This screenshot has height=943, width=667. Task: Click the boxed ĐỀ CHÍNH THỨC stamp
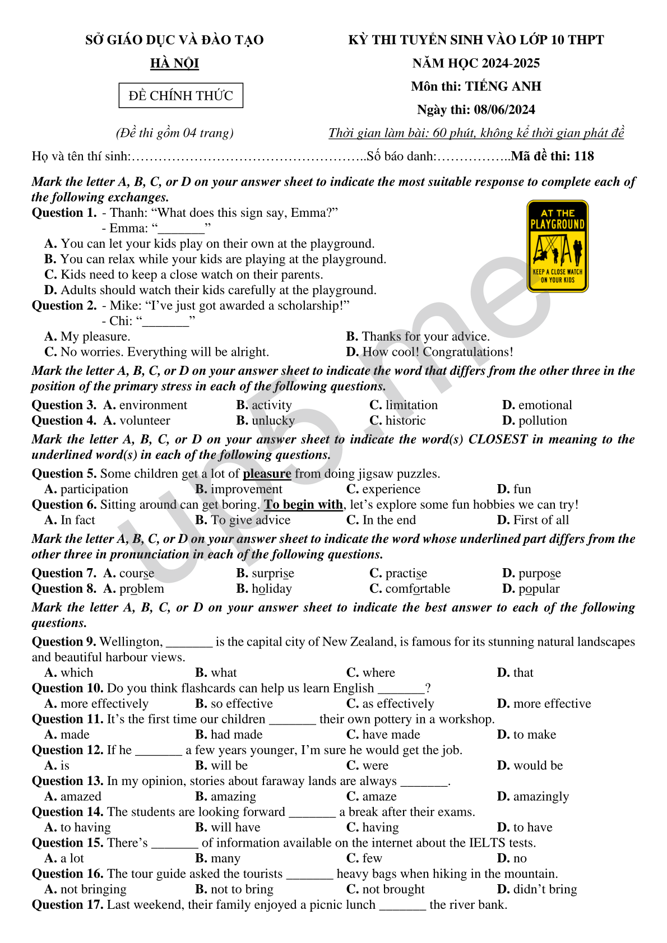180,95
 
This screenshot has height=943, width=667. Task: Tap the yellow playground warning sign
557,247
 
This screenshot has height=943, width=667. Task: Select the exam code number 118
583,156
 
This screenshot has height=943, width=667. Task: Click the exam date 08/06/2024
504,110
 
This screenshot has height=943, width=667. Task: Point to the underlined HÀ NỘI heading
174,63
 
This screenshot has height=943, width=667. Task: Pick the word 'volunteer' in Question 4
145,421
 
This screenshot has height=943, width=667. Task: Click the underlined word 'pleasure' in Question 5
267,474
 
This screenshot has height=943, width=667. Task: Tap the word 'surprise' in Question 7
272,574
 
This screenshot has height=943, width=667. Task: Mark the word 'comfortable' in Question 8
418,589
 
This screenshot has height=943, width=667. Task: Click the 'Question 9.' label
64,642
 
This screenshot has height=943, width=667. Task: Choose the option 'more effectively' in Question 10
104,704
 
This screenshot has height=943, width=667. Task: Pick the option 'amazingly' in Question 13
541,797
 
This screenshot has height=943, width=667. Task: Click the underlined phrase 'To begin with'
303,505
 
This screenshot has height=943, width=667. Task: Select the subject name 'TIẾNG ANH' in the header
503,86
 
